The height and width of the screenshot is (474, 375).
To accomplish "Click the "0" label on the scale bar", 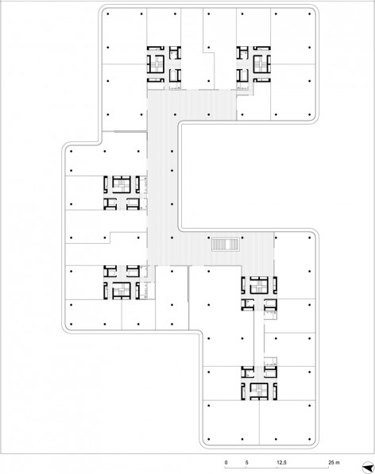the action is click(x=226, y=463).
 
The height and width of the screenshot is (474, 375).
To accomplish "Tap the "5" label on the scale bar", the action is click(x=247, y=463).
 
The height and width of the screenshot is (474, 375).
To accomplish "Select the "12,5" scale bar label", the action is click(x=281, y=463).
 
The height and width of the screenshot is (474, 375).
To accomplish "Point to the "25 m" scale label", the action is click(x=334, y=463).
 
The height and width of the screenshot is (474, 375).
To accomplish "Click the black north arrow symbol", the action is click(x=369, y=467).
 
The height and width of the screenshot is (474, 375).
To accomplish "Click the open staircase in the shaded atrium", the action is click(x=226, y=245).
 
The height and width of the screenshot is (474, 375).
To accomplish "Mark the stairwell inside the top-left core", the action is click(x=157, y=64).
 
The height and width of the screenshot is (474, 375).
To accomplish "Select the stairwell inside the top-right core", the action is click(x=260, y=64).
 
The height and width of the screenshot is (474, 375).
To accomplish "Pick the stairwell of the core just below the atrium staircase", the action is click(x=259, y=286).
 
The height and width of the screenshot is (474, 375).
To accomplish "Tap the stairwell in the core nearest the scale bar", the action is click(x=259, y=391).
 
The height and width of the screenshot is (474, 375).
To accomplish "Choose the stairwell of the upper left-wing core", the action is click(x=122, y=185).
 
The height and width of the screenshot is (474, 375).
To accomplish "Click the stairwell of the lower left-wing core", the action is click(x=122, y=291).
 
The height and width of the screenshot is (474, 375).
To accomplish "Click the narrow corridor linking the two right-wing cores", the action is click(x=258, y=338).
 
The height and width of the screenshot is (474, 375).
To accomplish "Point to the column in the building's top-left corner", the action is click(x=108, y=14).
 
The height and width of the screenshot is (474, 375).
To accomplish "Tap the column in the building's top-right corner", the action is click(x=310, y=14).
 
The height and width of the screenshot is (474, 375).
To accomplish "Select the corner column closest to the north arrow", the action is click(x=310, y=439).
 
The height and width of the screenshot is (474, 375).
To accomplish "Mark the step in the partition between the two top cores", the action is click(x=208, y=53).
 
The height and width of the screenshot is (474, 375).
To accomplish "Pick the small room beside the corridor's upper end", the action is click(x=270, y=315).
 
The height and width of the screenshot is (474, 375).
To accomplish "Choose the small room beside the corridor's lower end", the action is click(x=270, y=361).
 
